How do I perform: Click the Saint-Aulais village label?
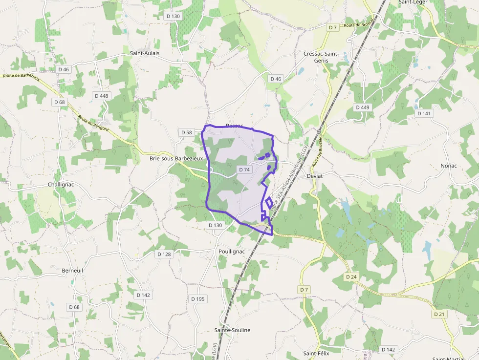[x=145, y=53]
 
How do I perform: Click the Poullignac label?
[x=230, y=252]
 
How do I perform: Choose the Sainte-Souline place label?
[x=232, y=330]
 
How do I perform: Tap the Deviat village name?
[x=315, y=175]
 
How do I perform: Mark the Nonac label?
[x=448, y=166]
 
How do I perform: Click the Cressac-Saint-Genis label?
[x=321, y=57]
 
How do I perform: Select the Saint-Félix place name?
[x=316, y=353]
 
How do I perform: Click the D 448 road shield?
[x=102, y=96]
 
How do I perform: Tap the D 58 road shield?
[x=187, y=132]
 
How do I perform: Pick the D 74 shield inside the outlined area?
[x=244, y=169]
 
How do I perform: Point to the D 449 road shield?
[x=363, y=107]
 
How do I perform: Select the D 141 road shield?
[x=424, y=113]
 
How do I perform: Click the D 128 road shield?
[x=164, y=254]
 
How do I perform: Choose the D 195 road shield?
[x=198, y=299]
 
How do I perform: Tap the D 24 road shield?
[x=351, y=277]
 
